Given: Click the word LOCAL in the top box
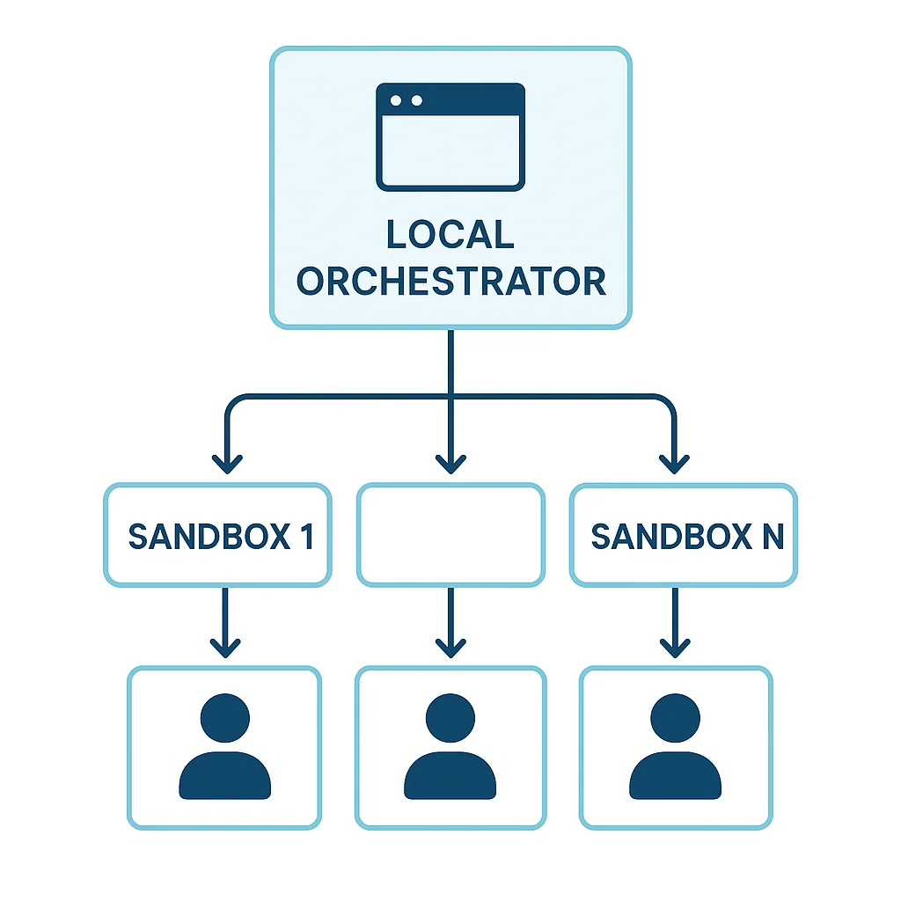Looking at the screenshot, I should [x=450, y=235].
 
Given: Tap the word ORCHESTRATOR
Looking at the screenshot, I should [x=450, y=282].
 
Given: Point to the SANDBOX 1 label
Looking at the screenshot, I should [x=220, y=537].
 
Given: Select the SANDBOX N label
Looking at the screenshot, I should [x=687, y=537].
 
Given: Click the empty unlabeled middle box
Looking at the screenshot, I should [x=450, y=534].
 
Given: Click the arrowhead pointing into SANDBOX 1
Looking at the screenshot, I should [x=226, y=463].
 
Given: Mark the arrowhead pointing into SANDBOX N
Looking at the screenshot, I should [x=675, y=463].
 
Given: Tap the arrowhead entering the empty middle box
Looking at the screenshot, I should [x=450, y=463].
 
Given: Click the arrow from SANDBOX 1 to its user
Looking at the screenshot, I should [x=225, y=621].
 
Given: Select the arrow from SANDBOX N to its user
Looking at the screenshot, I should [x=675, y=621].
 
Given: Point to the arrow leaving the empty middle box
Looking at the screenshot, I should [x=450, y=621].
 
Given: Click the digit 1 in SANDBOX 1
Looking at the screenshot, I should [x=306, y=537].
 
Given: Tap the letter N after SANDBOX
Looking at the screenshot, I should [x=772, y=537].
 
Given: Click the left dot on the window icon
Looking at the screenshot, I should [x=397, y=100].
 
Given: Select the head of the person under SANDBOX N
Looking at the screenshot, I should [x=675, y=717].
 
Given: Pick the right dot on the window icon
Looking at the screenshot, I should [x=416, y=100].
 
